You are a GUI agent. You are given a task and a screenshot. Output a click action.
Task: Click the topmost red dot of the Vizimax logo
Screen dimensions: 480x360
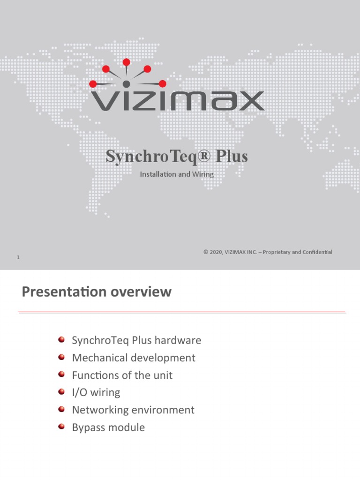tap(126, 62)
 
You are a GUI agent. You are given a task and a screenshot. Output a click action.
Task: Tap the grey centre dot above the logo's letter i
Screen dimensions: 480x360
tap(126, 84)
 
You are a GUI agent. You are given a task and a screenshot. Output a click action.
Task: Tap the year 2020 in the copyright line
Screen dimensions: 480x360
tap(216, 252)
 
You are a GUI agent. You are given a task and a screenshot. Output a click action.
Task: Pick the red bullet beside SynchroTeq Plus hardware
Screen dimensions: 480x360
tap(62, 339)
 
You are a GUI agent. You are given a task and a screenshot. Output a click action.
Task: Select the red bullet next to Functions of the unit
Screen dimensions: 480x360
tap(62, 375)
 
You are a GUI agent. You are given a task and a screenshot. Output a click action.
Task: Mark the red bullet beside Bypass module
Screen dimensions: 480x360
tap(62, 427)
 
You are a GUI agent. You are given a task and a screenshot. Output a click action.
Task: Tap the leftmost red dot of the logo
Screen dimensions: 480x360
tap(93, 84)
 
